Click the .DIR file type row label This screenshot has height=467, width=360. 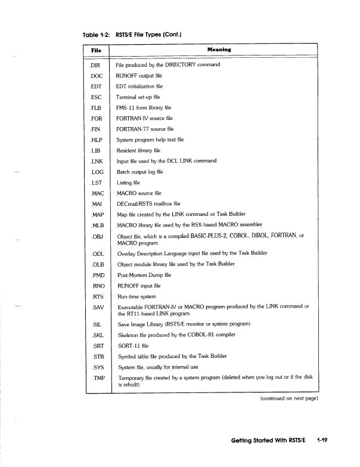pos(97,64)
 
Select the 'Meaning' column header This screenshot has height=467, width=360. pos(219,50)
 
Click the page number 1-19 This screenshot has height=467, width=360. pos(324,441)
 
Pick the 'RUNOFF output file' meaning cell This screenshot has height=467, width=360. pos(139,76)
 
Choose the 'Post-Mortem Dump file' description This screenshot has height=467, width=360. pos(144,275)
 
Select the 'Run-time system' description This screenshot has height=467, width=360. pos(136,296)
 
